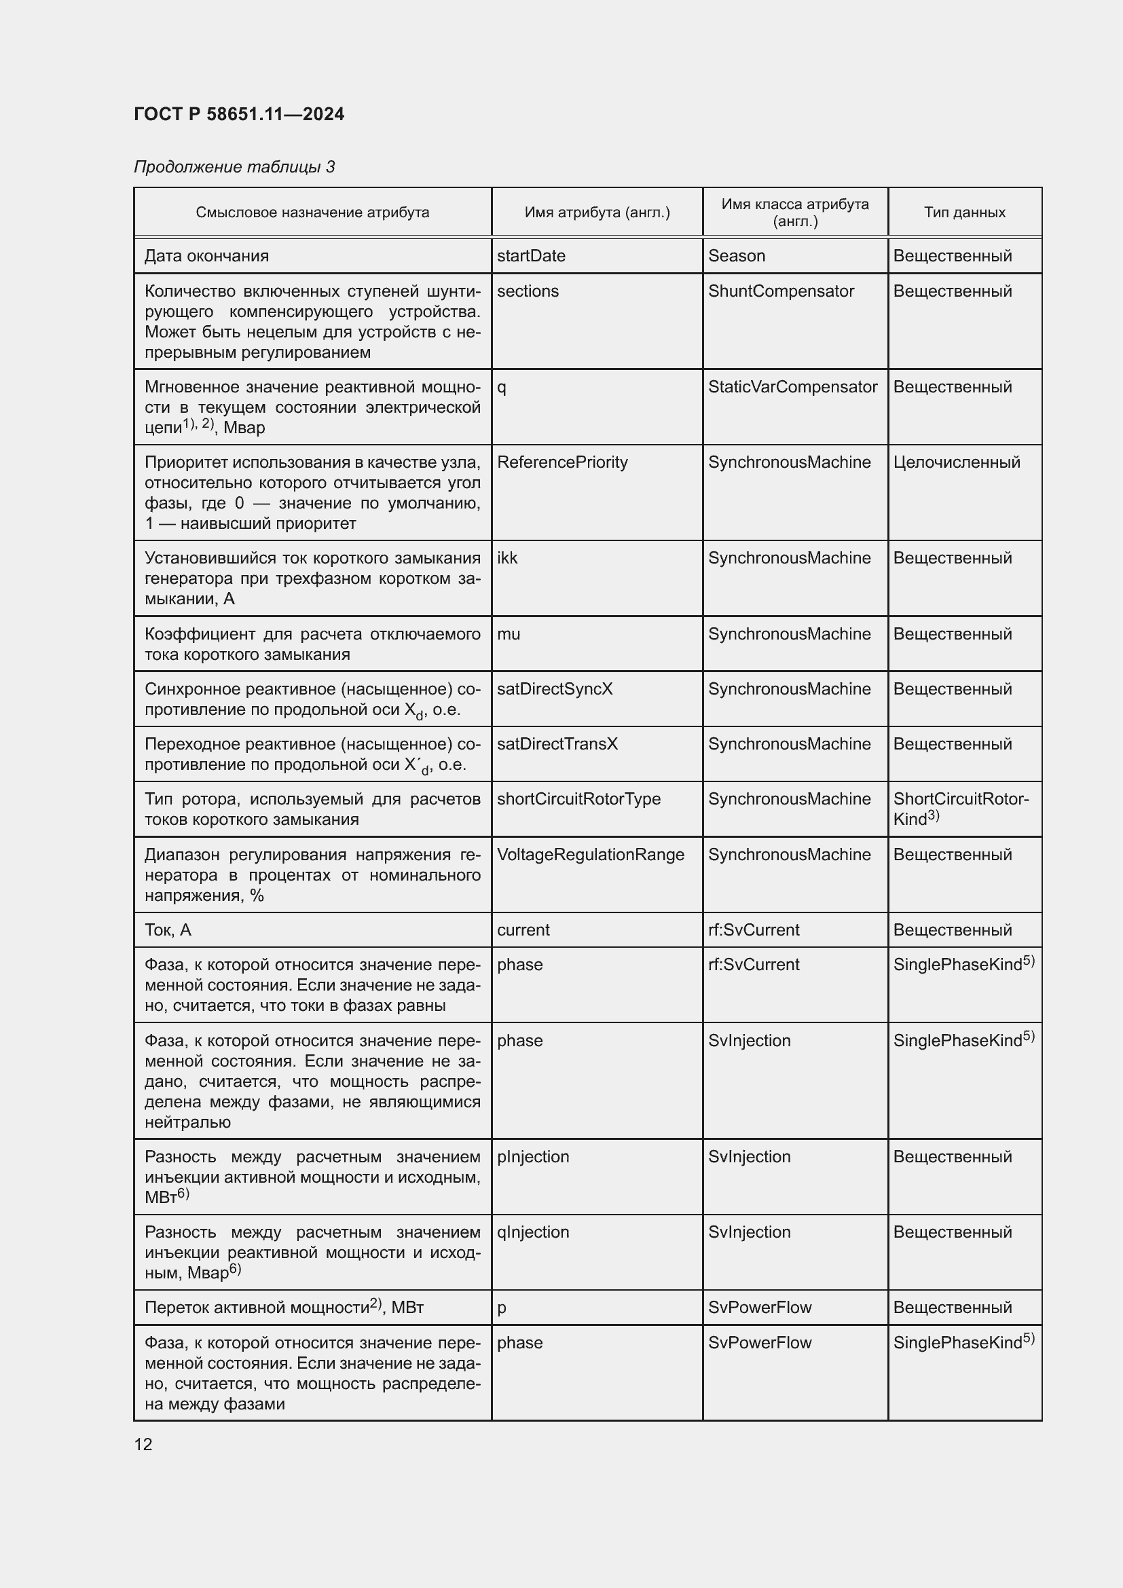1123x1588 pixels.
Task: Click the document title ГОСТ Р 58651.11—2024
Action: (238, 114)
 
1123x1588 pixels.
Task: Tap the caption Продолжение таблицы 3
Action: (234, 167)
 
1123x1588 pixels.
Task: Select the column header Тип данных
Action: (964, 213)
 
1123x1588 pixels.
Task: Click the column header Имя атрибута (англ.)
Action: (597, 213)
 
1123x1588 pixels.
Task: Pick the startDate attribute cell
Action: (530, 256)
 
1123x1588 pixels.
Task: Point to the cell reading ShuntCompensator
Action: (781, 291)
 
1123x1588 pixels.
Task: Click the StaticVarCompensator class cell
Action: (792, 386)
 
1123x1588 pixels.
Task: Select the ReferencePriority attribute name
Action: (562, 462)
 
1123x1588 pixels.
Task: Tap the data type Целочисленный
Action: (957, 462)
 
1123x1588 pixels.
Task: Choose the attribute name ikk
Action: (507, 558)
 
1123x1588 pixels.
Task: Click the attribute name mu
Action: (509, 634)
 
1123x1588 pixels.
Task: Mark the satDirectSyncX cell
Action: (555, 689)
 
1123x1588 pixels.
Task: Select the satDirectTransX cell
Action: (557, 743)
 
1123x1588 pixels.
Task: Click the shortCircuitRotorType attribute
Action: (578, 799)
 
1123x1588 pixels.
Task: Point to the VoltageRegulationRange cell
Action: (591, 854)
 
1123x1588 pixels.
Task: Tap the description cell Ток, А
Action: (168, 929)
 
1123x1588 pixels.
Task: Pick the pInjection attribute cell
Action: (532, 1156)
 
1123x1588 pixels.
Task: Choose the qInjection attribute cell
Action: (532, 1232)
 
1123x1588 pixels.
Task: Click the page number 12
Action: (143, 1444)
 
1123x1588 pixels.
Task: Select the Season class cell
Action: (737, 256)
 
